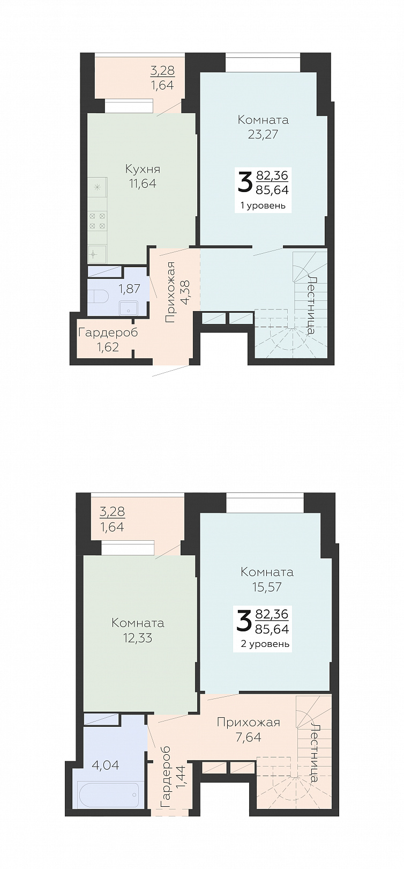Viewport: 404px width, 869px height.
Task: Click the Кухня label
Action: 143,170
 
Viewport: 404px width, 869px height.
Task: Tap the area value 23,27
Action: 263,134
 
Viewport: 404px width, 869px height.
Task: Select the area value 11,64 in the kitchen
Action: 143,183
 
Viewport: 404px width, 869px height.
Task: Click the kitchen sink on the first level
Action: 96,254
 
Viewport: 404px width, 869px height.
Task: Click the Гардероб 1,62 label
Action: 108,340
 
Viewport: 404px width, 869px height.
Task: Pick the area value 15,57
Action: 267,587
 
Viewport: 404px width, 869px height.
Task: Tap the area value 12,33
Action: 138,638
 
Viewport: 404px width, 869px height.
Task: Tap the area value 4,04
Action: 106,765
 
